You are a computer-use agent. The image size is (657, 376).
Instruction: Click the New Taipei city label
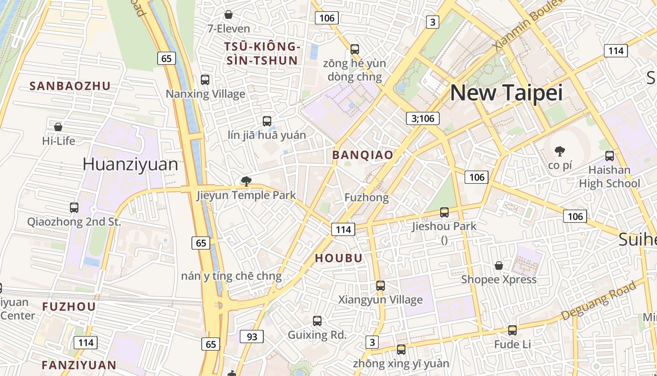[x=506, y=93]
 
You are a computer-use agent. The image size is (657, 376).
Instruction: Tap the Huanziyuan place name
[x=130, y=164]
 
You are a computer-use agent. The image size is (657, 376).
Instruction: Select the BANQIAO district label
[x=363, y=155]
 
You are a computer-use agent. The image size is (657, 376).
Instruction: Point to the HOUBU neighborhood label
[x=339, y=258]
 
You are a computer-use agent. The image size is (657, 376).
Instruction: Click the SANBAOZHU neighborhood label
[x=70, y=86]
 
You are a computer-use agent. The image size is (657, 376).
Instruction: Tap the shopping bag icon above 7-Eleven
[x=229, y=15]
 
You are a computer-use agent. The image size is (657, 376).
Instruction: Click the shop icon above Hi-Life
[x=58, y=127]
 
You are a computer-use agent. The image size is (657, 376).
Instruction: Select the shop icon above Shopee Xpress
[x=499, y=266]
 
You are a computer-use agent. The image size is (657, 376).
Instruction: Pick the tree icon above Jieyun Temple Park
[x=246, y=181]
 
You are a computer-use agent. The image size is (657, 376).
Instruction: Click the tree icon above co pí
[x=559, y=151]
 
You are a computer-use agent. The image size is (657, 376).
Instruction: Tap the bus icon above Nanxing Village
[x=205, y=80]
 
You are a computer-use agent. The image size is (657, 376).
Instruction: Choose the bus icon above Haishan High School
[x=610, y=156]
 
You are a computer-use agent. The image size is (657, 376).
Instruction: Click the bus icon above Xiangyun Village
[x=381, y=286]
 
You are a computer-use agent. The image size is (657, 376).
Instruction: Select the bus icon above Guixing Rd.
[x=317, y=321]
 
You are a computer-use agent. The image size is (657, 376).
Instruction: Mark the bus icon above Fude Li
[x=512, y=330]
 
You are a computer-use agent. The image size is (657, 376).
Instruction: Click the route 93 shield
[x=252, y=337]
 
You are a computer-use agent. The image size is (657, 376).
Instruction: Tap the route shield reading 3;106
[x=423, y=118]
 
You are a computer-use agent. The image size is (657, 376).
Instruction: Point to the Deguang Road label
[x=598, y=300]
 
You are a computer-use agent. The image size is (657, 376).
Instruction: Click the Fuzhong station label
[x=367, y=198]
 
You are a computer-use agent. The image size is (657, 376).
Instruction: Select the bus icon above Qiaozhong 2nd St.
[x=74, y=208]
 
